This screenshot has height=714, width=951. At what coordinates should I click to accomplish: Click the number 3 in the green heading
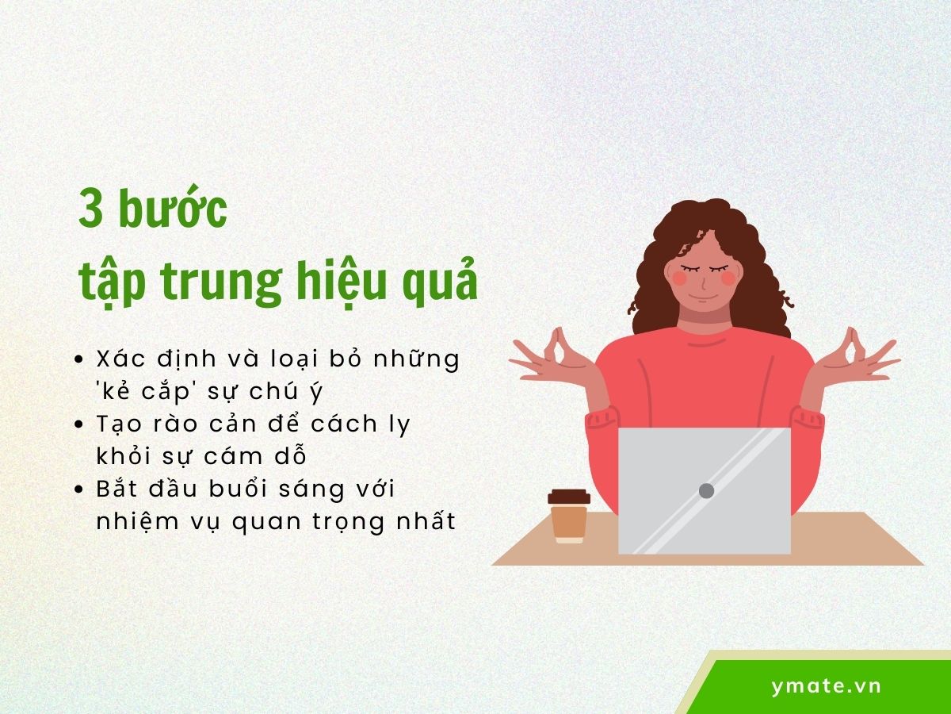click(x=93, y=209)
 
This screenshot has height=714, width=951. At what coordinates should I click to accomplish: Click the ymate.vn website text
click(x=826, y=686)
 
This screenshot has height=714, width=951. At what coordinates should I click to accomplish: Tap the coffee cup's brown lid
click(x=568, y=497)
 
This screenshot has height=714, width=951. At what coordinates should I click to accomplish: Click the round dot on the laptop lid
click(x=706, y=490)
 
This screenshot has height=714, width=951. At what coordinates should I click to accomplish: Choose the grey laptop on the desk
click(x=704, y=490)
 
